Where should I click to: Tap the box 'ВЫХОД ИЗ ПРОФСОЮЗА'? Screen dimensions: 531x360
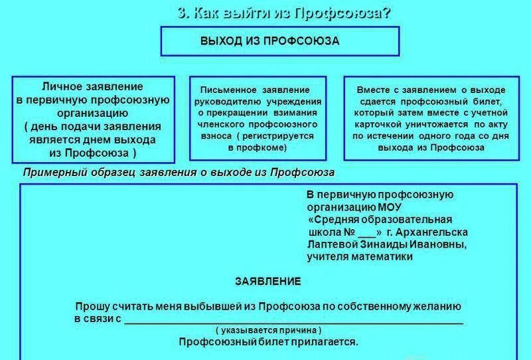coord(279,41)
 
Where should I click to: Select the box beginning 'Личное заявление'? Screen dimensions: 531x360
coord(93,120)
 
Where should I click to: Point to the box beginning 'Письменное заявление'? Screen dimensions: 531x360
coord(258,119)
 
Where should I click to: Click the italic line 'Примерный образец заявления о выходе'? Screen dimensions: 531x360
coord(179,173)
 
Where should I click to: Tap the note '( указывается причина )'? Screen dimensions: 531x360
coord(268,330)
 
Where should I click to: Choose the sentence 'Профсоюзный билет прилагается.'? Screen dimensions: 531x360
coord(268,342)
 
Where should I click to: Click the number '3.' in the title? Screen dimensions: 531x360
coord(185,13)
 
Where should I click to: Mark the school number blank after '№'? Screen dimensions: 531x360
coord(366,233)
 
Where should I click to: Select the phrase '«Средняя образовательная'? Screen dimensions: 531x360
coord(380,219)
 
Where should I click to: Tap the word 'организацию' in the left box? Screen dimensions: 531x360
coord(93,113)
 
